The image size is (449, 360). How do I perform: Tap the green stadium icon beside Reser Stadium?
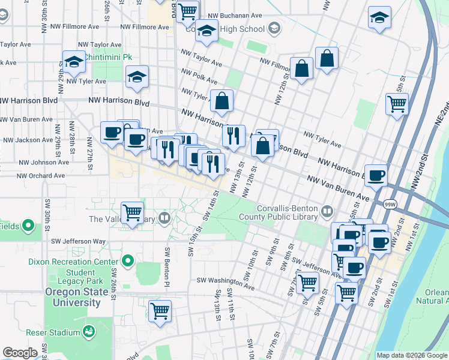[x=89, y=331]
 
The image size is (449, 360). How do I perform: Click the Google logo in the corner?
[x=20, y=353]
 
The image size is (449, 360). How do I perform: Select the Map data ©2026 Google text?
[x=412, y=355]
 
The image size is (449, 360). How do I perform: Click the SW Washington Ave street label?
[x=225, y=280]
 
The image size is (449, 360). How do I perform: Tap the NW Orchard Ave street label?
[x=40, y=176]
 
